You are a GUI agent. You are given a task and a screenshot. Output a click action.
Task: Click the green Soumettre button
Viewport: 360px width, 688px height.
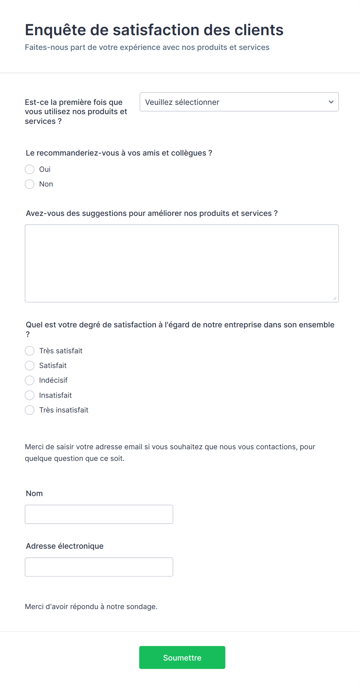[182, 657]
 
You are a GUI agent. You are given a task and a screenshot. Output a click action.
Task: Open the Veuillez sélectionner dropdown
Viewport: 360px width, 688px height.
[239, 102]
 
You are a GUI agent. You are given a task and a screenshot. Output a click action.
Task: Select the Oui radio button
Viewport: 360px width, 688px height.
[30, 169]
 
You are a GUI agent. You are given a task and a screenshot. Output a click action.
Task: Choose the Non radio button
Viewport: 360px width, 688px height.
[30, 184]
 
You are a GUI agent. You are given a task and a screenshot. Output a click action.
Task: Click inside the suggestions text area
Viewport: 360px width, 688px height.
[182, 263]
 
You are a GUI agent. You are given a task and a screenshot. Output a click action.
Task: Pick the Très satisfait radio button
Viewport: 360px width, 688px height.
[30, 351]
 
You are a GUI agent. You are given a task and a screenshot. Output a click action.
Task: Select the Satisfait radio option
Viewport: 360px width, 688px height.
[30, 366]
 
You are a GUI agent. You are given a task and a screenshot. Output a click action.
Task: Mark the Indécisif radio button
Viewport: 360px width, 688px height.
[30, 380]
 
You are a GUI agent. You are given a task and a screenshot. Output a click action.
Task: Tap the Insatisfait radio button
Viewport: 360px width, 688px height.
[30, 395]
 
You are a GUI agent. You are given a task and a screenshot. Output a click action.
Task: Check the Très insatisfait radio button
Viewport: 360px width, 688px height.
[30, 410]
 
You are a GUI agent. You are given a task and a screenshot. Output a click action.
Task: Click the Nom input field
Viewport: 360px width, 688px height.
[99, 514]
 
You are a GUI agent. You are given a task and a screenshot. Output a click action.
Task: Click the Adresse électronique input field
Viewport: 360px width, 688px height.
[99, 567]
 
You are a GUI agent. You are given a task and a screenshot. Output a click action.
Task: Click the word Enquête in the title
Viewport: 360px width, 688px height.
[55, 30]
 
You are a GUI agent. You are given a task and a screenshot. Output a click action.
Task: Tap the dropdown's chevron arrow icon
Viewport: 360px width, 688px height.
[331, 102]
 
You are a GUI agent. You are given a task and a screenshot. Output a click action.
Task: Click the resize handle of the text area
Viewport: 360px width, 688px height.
[335, 298]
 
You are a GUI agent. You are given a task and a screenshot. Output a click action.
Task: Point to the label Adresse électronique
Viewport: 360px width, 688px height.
[65, 546]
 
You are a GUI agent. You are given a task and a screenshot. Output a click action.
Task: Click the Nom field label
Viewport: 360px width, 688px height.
[34, 493]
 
